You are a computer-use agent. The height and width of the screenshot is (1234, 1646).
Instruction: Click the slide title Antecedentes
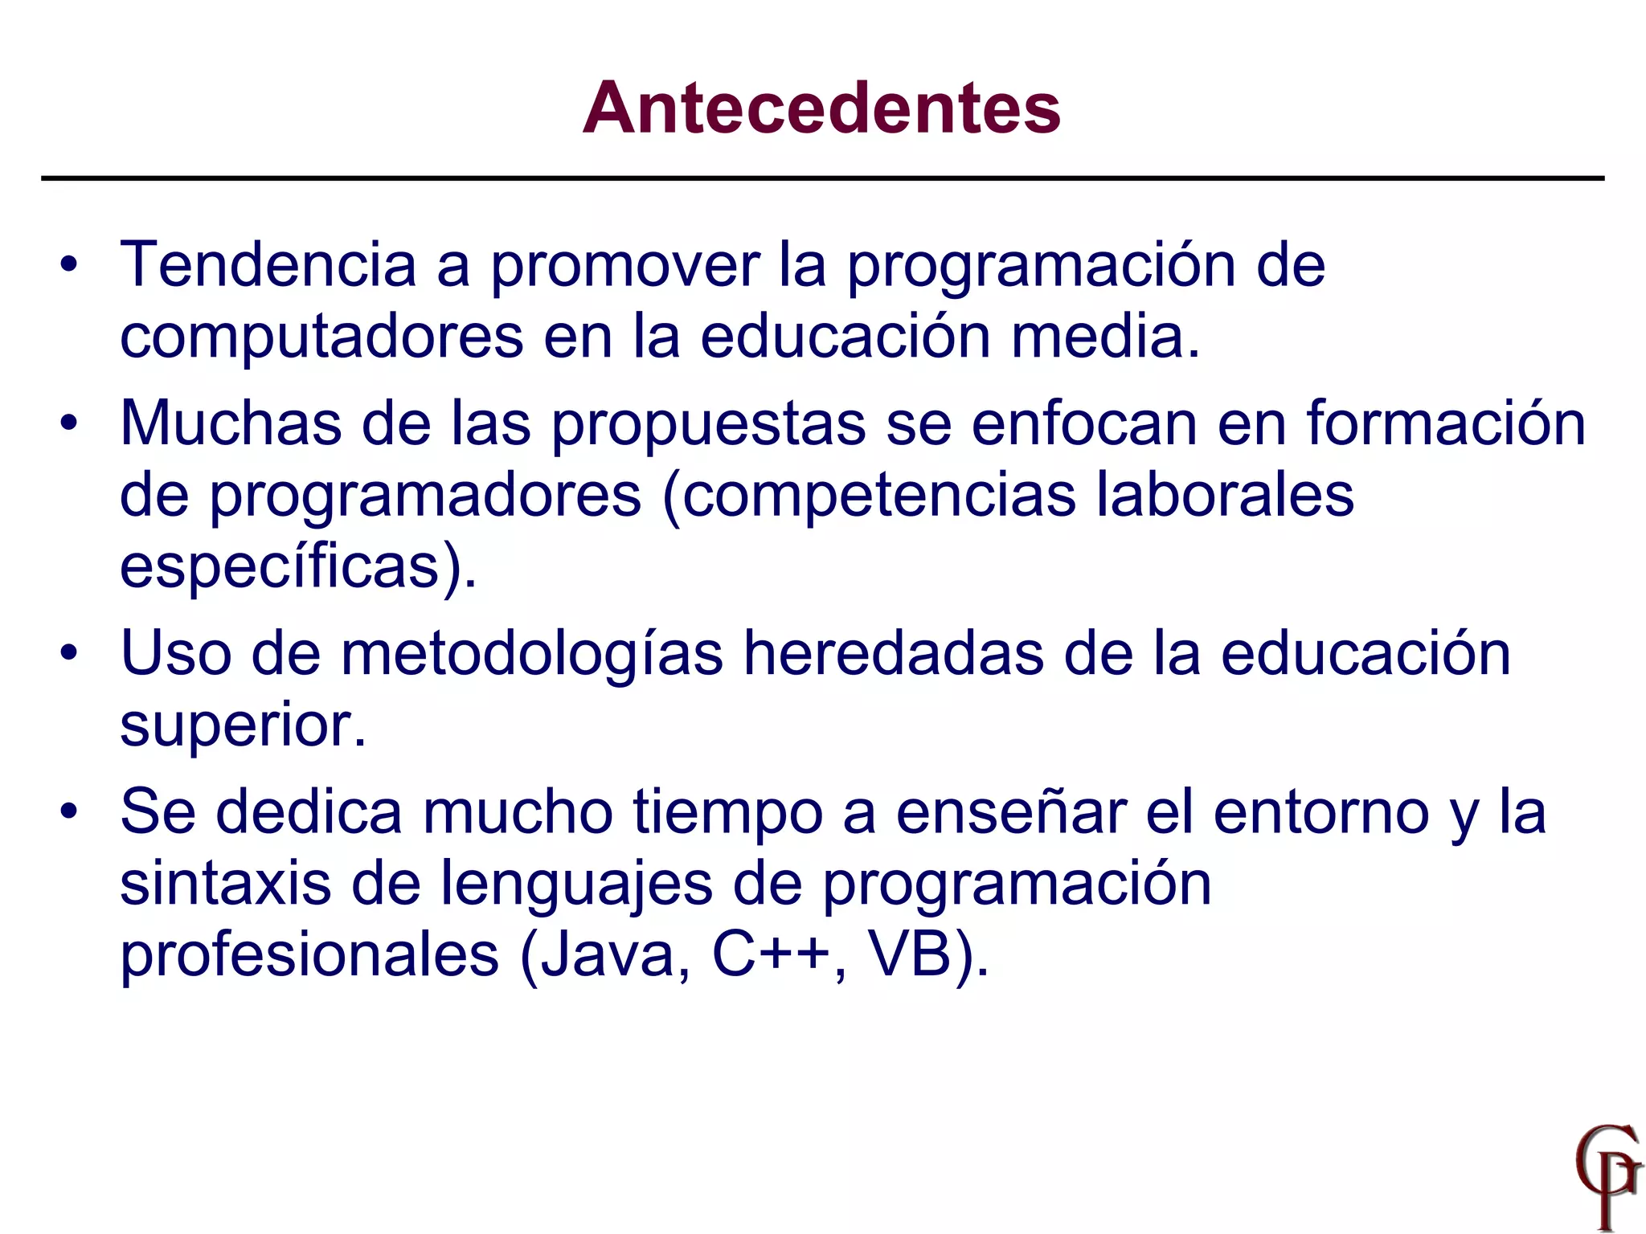(821, 108)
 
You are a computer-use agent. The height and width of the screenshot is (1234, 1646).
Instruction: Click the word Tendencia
(268, 265)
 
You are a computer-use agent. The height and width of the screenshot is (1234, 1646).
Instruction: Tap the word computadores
(321, 336)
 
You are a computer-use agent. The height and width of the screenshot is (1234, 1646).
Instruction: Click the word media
(1105, 336)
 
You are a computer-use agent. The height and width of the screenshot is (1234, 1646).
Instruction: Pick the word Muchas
(231, 423)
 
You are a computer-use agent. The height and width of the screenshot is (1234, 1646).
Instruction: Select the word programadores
(425, 496)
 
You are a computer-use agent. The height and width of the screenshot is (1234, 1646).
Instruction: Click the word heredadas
(893, 652)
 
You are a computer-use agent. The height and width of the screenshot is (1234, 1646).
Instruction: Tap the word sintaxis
(225, 883)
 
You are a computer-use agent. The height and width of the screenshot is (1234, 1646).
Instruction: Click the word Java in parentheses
(612, 955)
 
